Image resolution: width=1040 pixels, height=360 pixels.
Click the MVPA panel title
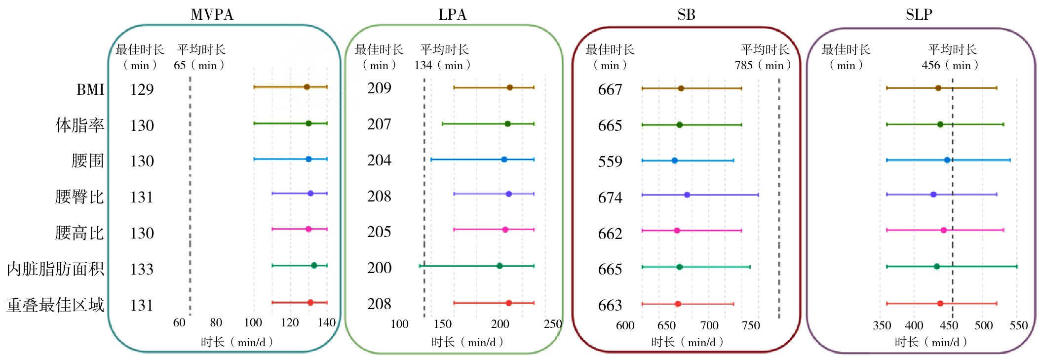coord(212,14)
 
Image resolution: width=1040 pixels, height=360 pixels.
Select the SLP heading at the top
coord(919,14)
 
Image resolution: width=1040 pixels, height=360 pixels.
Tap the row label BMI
coord(90,89)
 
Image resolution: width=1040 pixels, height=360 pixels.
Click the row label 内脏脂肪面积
coord(55,269)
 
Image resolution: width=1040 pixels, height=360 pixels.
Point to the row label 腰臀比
coord(79,197)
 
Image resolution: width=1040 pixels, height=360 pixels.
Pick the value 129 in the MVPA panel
coord(142,89)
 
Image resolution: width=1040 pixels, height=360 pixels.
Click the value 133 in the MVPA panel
coord(142,269)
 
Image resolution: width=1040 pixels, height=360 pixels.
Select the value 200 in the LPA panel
coord(379,268)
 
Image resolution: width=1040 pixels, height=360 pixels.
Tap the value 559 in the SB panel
coord(610,161)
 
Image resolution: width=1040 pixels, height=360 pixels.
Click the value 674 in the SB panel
coord(610,198)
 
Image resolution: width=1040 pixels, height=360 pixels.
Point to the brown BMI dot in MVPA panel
coord(307,87)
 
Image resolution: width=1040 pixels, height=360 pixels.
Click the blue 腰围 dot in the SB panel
coord(675,160)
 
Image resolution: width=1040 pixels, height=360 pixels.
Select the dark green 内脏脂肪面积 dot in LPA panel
coord(500,266)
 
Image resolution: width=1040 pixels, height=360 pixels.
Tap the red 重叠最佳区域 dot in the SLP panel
coord(940,304)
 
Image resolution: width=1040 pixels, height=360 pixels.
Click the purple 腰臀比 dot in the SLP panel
coord(933,195)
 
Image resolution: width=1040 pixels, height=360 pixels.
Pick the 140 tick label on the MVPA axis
coord(326,322)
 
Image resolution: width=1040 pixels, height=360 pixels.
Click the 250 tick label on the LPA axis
coord(553,324)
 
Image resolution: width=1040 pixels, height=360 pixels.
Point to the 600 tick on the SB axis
coord(625,325)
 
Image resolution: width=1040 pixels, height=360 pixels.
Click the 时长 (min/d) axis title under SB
coord(687,342)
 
